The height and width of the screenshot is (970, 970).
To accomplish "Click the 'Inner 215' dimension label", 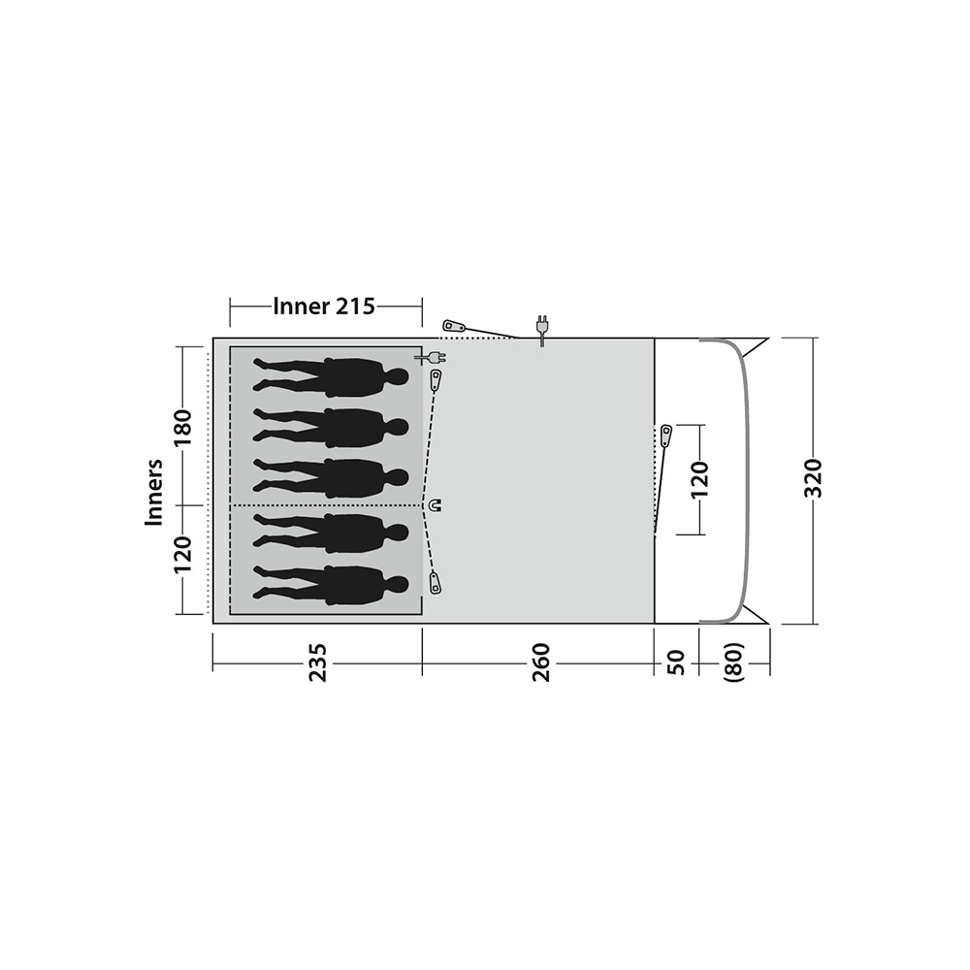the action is pyautogui.click(x=324, y=307).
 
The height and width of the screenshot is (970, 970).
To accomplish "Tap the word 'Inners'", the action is pyautogui.click(x=153, y=493).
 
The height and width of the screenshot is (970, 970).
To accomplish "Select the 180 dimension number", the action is pyautogui.click(x=183, y=428).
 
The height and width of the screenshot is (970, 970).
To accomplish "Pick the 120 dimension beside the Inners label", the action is pyautogui.click(x=183, y=555).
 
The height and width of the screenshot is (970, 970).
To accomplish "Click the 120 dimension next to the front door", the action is pyautogui.click(x=699, y=479).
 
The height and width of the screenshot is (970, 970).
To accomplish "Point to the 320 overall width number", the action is pyautogui.click(x=813, y=478).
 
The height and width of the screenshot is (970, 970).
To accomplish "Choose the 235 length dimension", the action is pyautogui.click(x=317, y=663).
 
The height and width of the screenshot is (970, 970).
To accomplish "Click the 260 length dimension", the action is pyautogui.click(x=540, y=663).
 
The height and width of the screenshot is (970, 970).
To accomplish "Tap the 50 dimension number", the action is pyautogui.click(x=677, y=663).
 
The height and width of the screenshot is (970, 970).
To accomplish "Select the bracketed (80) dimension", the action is pyautogui.click(x=733, y=663).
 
